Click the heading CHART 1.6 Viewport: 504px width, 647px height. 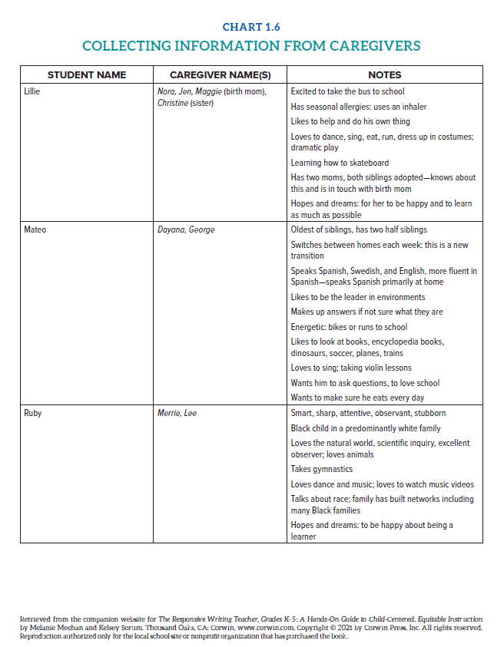coord(251,27)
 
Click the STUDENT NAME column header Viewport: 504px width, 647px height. coord(87,75)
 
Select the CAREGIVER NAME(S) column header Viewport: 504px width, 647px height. coord(220,75)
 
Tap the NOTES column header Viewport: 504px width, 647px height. coord(384,75)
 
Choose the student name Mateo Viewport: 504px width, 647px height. coord(35,229)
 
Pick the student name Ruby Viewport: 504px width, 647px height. coord(33,413)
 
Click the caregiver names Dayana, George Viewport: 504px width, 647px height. coord(186,229)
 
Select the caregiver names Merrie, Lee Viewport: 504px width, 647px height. coord(177,413)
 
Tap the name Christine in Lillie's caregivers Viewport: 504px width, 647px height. coord(173,103)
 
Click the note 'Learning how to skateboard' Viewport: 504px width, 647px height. coord(340,163)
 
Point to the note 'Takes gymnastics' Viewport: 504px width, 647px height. coord(322,469)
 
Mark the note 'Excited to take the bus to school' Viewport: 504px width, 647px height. coord(347,91)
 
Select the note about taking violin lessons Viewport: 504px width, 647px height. coord(351,368)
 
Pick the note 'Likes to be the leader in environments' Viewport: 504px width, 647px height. coord(357,297)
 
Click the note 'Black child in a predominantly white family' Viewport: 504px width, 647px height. coord(366,428)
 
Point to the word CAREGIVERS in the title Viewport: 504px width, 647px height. coord(375,46)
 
